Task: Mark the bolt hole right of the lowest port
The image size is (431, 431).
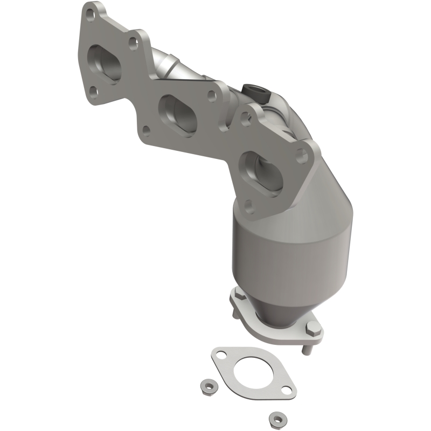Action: tap(303, 156)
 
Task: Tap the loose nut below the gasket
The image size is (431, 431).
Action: tap(276, 418)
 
